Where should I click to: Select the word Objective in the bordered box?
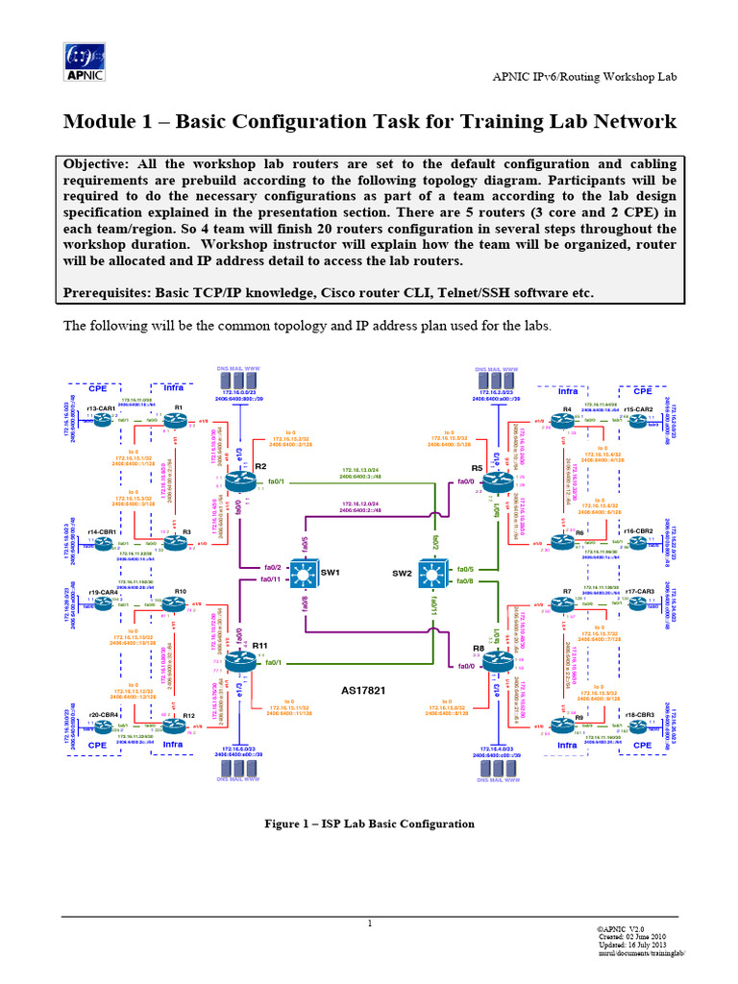tap(101, 163)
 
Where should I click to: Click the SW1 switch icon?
tap(305, 575)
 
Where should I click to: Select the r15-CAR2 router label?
tap(638, 409)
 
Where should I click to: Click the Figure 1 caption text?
tap(369, 824)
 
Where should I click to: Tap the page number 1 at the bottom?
tap(369, 924)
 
